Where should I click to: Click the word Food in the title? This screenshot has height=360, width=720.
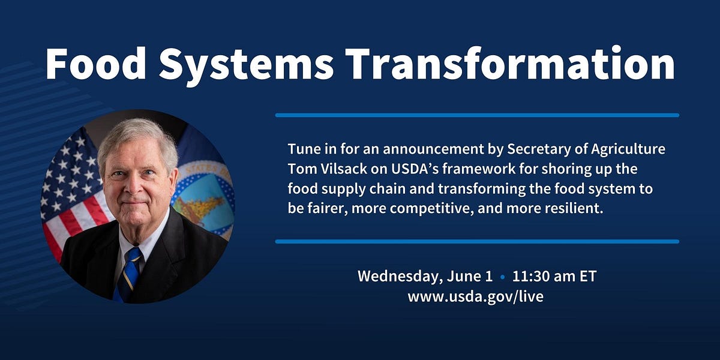[x=94, y=63]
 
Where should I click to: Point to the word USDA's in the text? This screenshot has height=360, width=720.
[x=407, y=168]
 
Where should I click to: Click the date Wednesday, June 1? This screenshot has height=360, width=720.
[x=425, y=277]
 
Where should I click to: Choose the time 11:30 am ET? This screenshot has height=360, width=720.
[x=554, y=277]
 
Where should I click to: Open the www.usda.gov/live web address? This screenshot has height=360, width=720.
[x=475, y=296]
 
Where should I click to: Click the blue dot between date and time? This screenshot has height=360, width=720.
[x=502, y=278]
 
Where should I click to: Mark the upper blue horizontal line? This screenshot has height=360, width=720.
[x=477, y=115]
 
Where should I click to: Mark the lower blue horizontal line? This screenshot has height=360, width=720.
[x=477, y=241]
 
